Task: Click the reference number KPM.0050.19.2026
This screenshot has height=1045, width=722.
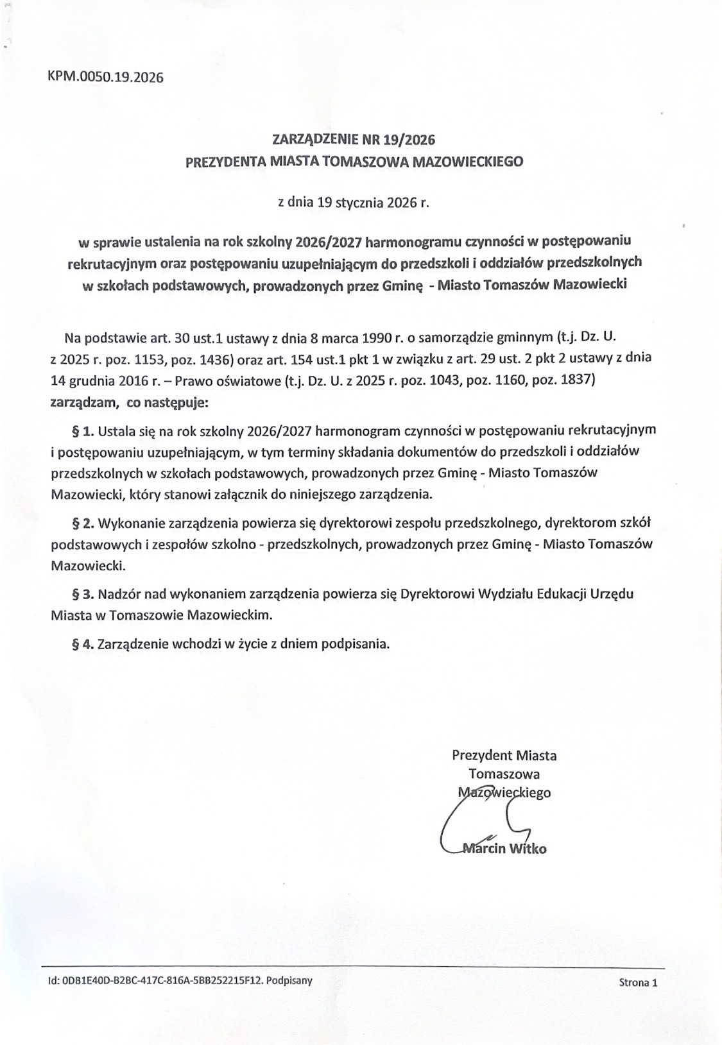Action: [x=105, y=78]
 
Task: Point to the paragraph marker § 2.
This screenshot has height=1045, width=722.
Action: [x=83, y=523]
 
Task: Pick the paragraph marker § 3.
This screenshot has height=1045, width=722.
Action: [x=83, y=594]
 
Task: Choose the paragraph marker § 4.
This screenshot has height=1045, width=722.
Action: [x=83, y=644]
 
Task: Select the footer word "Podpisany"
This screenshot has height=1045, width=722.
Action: [x=289, y=980]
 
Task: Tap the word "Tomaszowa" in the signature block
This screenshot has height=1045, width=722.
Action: [x=504, y=774]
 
